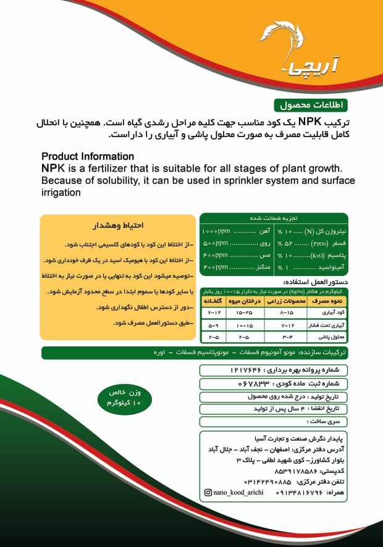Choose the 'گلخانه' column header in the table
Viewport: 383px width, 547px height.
click(213, 301)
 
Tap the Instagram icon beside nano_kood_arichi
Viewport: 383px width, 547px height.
click(208, 492)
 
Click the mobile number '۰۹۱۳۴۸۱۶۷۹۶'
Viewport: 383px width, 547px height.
click(265, 492)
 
